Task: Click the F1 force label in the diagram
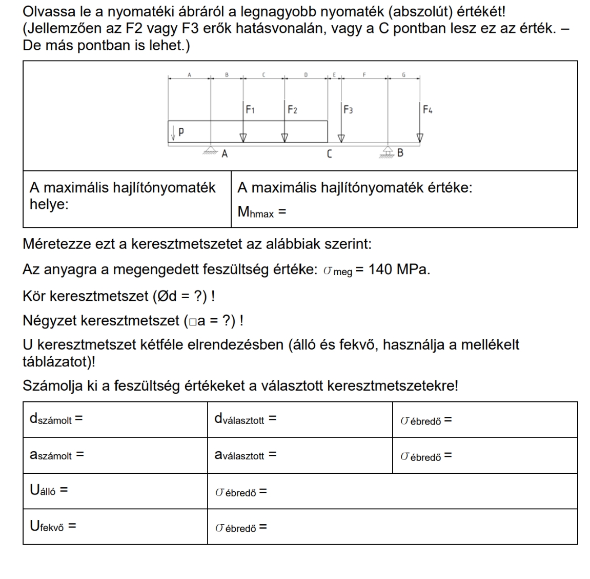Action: [x=250, y=109]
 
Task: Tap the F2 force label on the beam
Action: [x=292, y=109]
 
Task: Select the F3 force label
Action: [x=348, y=109]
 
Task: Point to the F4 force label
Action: [x=428, y=109]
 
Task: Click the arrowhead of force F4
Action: [x=420, y=138]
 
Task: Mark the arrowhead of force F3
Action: [x=341, y=138]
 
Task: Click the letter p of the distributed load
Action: [x=181, y=131]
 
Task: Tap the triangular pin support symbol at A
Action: [x=210, y=149]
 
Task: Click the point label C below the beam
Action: [x=329, y=153]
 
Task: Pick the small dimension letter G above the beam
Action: [x=403, y=75]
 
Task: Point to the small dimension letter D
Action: [x=306, y=75]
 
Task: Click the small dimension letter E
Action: [x=334, y=75]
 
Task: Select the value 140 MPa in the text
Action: [x=399, y=269]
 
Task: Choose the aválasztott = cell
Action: [x=246, y=455]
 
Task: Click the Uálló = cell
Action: [x=49, y=490]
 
